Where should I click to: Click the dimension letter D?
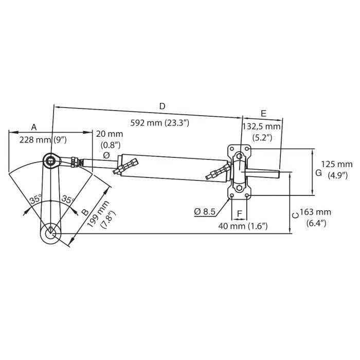[162, 106]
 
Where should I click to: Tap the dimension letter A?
[34, 127]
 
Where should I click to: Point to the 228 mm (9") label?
[43, 139]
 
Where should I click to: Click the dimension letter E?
[263, 113]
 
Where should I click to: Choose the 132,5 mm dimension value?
[261, 126]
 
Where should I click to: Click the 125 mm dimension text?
[337, 164]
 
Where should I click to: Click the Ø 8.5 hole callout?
[204, 211]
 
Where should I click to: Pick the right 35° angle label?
[68, 199]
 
